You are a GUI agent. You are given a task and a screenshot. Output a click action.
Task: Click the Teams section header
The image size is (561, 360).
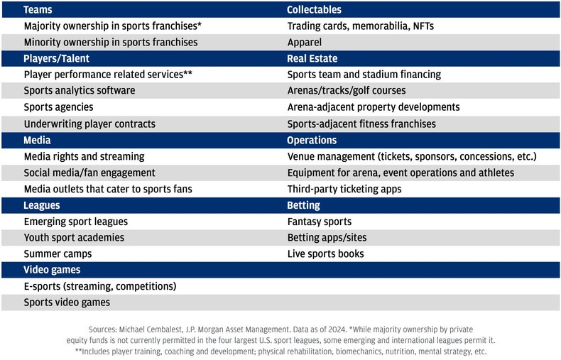point(38,10)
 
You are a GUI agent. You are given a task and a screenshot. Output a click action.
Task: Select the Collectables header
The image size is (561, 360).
point(314,10)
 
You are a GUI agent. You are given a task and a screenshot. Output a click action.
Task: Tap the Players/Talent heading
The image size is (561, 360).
point(57,58)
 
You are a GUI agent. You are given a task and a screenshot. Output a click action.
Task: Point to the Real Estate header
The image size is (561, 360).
point(312,58)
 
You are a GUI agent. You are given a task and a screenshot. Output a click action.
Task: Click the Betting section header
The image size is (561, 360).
point(303,205)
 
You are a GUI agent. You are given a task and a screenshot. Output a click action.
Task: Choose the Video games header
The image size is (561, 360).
point(52,270)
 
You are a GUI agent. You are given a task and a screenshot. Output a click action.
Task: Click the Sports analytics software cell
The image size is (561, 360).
point(80,91)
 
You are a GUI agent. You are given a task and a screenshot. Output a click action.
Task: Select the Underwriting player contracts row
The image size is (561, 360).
point(89,124)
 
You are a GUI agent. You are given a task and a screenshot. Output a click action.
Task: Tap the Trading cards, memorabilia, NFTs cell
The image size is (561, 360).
point(360,26)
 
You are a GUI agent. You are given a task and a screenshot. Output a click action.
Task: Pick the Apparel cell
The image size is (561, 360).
point(305,43)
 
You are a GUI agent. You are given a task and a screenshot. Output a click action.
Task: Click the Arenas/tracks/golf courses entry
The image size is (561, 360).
point(347,91)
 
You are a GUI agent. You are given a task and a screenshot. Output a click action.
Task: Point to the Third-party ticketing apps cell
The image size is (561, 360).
point(344,189)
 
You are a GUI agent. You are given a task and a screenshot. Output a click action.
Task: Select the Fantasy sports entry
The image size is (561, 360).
point(319,222)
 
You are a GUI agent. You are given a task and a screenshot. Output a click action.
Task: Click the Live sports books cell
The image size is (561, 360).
point(325,253)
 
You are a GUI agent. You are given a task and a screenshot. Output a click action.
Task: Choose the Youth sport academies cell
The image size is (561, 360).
point(74,238)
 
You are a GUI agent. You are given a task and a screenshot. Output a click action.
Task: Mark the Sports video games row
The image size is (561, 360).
point(67,302)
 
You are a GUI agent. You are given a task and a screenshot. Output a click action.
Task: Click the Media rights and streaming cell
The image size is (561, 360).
point(84,156)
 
